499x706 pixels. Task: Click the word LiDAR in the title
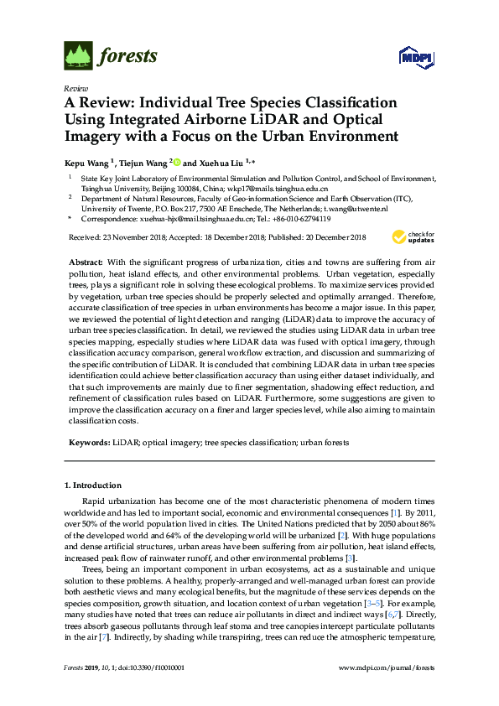tap(281, 119)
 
